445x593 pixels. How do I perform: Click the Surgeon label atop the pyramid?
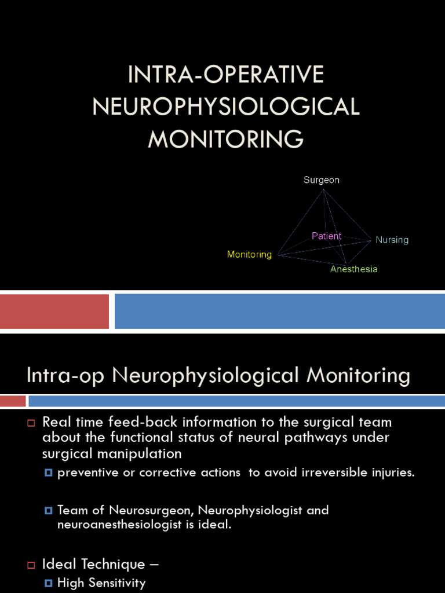tap(322, 180)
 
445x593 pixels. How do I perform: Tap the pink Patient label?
tap(326, 236)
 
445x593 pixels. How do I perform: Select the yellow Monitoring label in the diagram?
tap(249, 255)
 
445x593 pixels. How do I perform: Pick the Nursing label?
tap(392, 240)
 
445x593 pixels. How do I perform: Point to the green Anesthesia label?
tap(353, 269)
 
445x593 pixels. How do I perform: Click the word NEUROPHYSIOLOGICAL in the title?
tap(226, 107)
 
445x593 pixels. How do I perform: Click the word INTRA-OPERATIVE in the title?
tap(226, 75)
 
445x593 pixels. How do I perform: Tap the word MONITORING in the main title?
tap(226, 139)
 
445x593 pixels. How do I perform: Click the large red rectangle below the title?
tap(54, 311)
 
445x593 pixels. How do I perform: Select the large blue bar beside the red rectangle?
tap(279, 311)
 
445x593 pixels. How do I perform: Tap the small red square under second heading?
tap(13, 401)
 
